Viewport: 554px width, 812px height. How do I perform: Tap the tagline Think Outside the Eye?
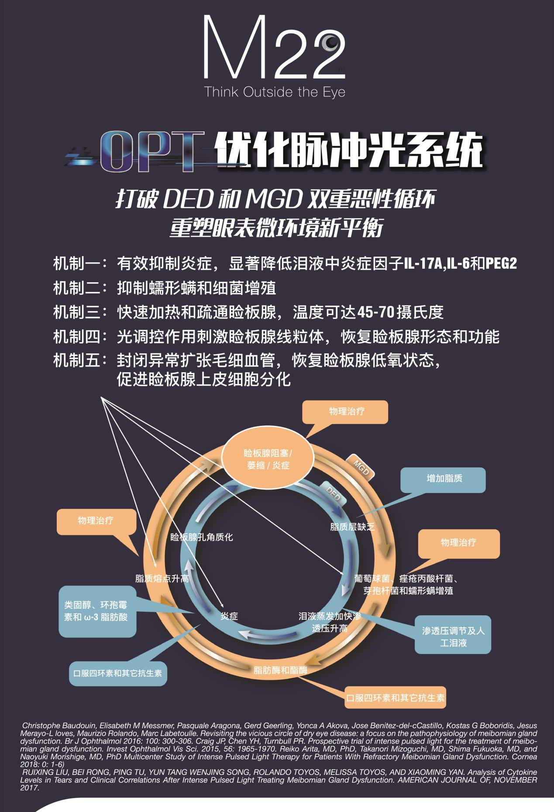[275, 92]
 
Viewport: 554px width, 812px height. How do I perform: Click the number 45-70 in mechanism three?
[376, 312]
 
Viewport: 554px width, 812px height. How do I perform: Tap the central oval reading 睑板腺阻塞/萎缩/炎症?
[268, 459]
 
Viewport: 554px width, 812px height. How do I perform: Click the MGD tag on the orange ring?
[361, 466]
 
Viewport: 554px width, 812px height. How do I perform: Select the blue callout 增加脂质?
[444, 479]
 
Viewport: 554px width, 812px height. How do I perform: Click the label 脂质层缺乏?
[352, 527]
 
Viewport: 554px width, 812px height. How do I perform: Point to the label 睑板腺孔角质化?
[201, 537]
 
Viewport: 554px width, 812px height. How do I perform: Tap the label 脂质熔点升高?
[162, 579]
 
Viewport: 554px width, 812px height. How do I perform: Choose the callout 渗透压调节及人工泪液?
[453, 637]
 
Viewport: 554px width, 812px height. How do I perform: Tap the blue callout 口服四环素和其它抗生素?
[117, 673]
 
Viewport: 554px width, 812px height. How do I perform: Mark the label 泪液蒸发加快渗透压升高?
[330, 622]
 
